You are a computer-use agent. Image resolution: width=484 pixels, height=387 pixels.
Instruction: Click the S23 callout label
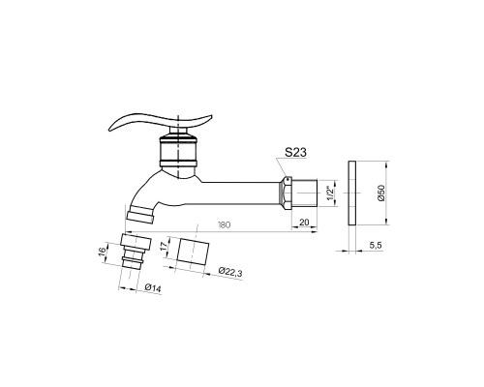[295, 152]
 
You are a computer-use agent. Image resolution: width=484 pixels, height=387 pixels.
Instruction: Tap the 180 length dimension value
[224, 224]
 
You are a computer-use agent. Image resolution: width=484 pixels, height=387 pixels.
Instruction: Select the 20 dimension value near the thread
[304, 223]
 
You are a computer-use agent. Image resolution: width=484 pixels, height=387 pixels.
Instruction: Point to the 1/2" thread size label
[329, 193]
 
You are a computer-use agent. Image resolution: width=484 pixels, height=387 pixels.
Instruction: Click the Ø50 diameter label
[381, 193]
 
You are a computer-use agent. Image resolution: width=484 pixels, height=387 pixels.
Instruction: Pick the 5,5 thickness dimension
[376, 246]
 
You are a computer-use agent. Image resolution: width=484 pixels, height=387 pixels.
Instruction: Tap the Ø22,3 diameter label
[230, 273]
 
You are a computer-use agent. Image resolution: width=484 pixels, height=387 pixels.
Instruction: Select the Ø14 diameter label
[153, 287]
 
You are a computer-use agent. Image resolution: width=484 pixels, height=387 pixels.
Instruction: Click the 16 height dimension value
[102, 251]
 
